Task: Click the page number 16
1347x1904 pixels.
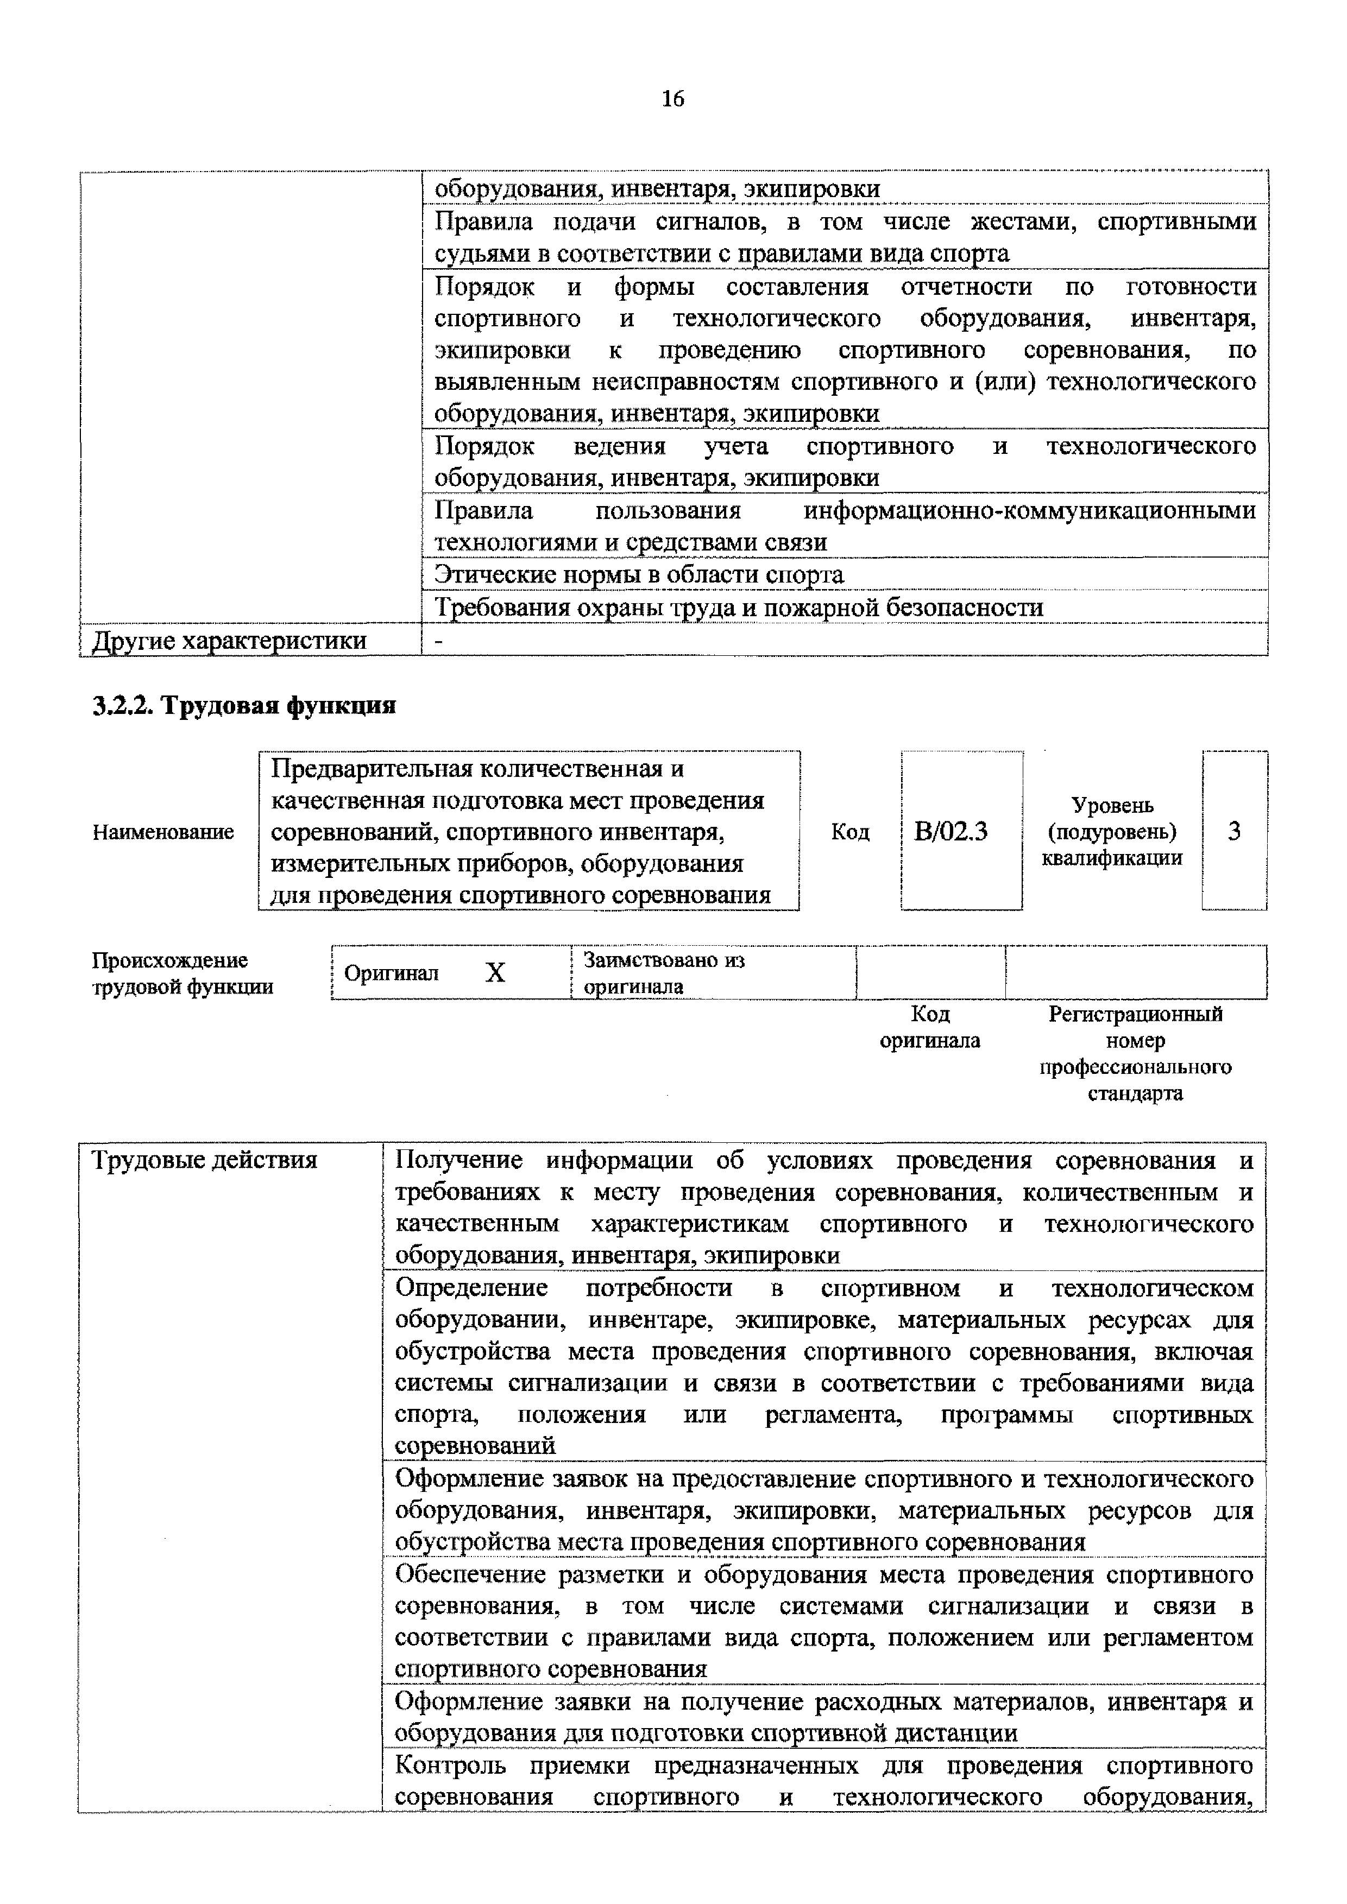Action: (x=672, y=99)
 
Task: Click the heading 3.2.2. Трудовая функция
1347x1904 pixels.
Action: (x=244, y=705)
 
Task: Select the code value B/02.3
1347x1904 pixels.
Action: (x=951, y=831)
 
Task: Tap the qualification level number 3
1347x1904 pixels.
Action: (x=1233, y=831)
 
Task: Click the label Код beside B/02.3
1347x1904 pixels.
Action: (x=850, y=832)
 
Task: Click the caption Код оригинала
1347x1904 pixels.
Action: (x=930, y=1027)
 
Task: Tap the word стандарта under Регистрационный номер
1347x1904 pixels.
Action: (x=1135, y=1093)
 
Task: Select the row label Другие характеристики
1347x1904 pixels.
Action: (x=229, y=640)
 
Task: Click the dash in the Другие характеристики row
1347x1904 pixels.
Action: (x=439, y=640)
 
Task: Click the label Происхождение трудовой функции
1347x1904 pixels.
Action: (x=182, y=973)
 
